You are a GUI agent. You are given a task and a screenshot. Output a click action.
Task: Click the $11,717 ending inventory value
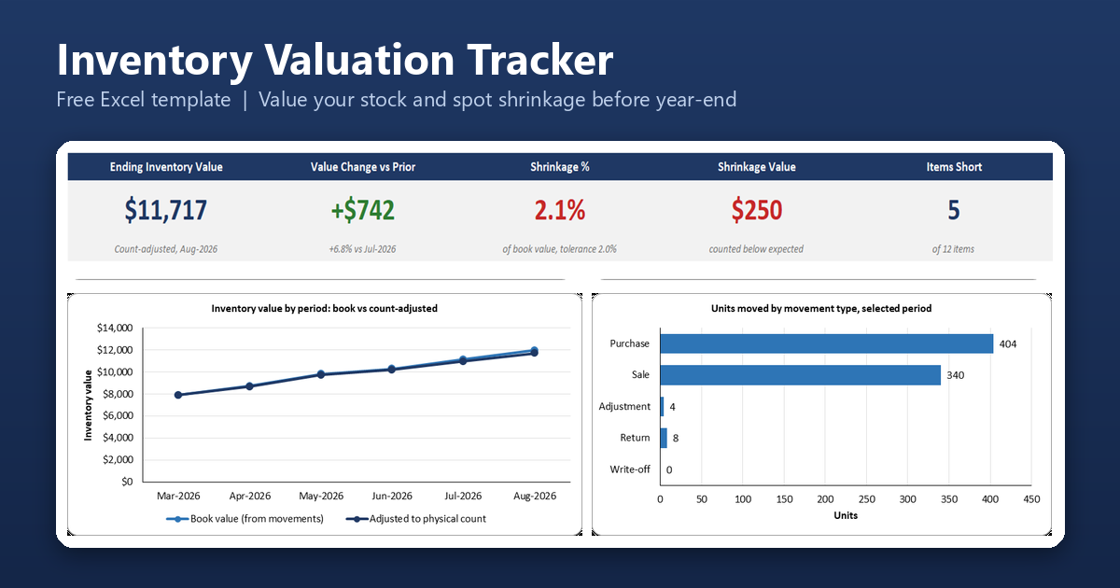click(x=165, y=210)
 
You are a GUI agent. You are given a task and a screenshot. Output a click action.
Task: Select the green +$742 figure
click(x=362, y=210)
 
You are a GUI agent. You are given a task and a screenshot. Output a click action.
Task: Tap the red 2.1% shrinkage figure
click(x=559, y=210)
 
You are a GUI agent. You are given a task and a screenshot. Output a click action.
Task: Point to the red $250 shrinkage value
click(x=757, y=210)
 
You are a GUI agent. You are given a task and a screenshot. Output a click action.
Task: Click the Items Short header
click(x=954, y=167)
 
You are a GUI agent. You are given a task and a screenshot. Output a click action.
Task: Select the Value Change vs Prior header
click(x=362, y=167)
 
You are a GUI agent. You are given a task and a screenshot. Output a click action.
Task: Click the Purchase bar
click(x=827, y=344)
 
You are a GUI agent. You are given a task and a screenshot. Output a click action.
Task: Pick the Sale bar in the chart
click(x=801, y=375)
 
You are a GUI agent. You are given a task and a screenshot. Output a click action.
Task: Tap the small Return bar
click(x=664, y=438)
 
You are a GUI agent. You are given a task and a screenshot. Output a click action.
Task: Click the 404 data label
click(x=1007, y=344)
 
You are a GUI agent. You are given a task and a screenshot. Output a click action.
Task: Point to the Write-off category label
click(x=629, y=469)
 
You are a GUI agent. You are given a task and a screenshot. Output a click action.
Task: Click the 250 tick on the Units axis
click(x=866, y=499)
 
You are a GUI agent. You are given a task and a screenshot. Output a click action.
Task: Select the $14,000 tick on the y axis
click(x=115, y=328)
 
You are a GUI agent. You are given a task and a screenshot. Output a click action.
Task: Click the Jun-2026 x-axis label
click(x=392, y=496)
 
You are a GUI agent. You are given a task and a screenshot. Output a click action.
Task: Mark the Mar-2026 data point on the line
click(x=178, y=395)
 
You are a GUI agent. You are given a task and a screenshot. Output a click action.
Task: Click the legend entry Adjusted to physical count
click(x=415, y=519)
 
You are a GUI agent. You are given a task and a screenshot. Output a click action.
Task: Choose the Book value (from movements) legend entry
click(x=245, y=519)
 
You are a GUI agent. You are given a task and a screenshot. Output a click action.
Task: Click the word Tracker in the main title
click(x=540, y=60)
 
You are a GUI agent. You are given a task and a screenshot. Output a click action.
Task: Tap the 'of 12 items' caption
click(x=953, y=249)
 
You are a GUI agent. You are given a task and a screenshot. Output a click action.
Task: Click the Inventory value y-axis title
click(x=88, y=405)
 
